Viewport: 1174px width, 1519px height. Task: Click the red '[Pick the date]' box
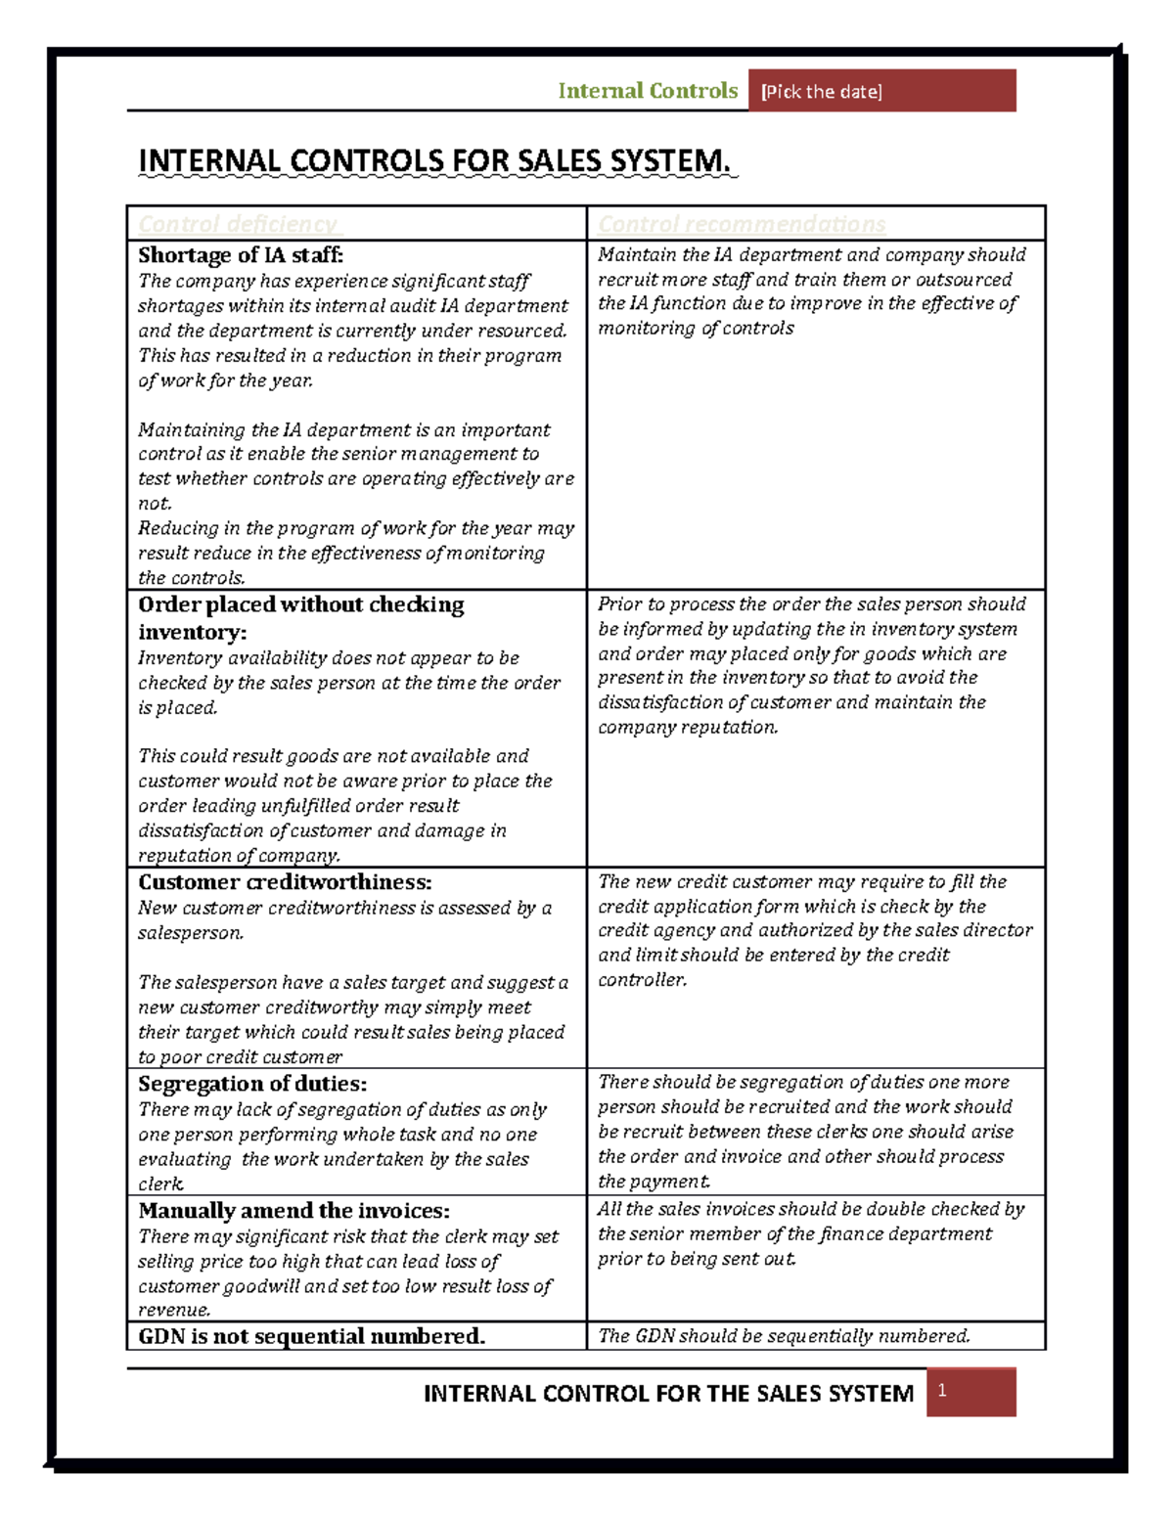coord(880,91)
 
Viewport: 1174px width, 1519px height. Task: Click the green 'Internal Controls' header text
coord(648,91)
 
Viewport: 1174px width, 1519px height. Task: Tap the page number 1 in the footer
coord(942,1390)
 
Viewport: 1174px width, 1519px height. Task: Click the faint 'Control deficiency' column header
coord(238,224)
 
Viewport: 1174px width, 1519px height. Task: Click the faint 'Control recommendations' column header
coord(742,224)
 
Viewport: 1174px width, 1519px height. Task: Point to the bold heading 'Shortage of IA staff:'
coord(241,255)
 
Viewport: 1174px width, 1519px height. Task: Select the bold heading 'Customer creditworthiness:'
coord(285,882)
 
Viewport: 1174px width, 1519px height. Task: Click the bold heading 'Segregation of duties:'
coord(252,1084)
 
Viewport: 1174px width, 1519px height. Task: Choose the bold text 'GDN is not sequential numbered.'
coord(311,1336)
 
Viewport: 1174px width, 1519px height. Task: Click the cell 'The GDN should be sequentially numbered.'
coord(784,1336)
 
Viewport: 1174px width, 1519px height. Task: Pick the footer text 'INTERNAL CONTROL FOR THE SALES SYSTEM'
coord(668,1394)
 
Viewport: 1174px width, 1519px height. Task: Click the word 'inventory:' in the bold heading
coord(192,632)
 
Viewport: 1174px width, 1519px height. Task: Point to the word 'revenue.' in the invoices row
coord(174,1311)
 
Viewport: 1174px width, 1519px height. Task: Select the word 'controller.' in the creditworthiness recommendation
coord(642,980)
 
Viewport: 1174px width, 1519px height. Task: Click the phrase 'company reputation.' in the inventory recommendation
coord(688,728)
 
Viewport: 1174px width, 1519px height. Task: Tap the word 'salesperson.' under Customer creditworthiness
coord(191,933)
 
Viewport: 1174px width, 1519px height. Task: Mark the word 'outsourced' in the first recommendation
coord(964,280)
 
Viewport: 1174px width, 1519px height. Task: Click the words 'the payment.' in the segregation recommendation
coord(654,1182)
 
